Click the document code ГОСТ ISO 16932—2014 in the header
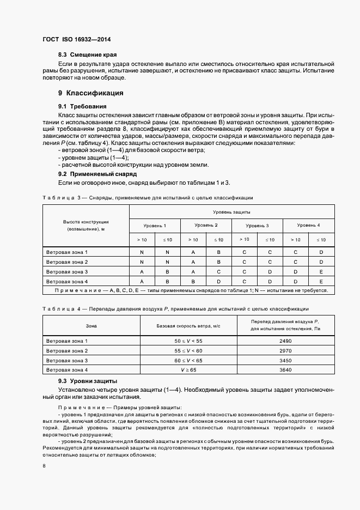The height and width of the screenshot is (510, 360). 76,39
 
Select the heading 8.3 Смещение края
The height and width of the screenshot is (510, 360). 87,55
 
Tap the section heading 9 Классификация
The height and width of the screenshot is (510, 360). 91,93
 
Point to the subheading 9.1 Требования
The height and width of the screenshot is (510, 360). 82,106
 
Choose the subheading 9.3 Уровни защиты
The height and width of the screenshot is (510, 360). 87,381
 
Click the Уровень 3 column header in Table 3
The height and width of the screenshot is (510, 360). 257,226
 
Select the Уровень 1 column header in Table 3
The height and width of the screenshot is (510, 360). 155,226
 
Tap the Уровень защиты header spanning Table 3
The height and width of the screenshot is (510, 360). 231,212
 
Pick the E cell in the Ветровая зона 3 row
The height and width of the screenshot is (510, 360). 321,271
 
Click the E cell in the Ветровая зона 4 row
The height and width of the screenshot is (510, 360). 321,281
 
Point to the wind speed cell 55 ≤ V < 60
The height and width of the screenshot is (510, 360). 188,350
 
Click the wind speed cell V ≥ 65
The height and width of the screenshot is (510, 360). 188,371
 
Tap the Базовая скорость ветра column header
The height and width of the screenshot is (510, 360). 188,326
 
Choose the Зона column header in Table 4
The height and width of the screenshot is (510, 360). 91,326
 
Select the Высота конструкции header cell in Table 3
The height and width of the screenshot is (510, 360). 86,226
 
